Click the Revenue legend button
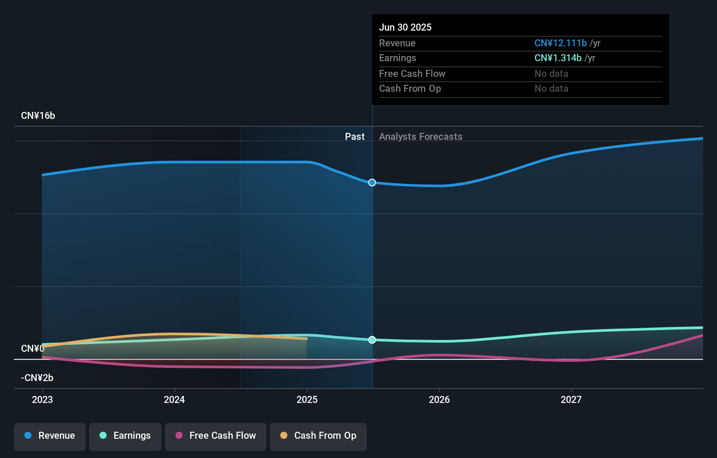50,436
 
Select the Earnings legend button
125,436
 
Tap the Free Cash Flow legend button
216,436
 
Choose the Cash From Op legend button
318,436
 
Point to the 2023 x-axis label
42,399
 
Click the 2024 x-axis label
174,399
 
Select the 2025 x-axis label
307,399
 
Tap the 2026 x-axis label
439,399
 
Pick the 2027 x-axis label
571,399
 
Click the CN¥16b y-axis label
38,116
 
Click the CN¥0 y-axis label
33,349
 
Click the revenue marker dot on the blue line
372,183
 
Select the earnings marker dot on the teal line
372,340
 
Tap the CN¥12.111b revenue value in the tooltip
561,43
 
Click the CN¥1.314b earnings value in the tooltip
558,58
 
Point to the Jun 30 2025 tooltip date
405,28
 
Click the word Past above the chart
355,137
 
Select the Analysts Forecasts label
421,137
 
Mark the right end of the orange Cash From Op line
307,339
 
